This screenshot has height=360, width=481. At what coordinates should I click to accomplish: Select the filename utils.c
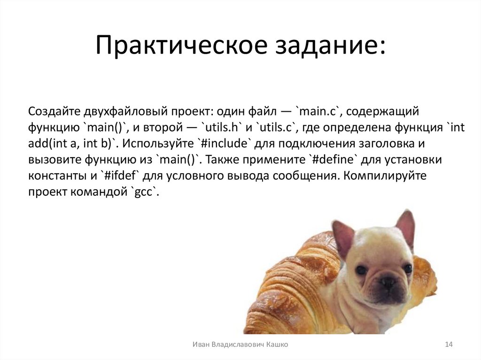click(276, 127)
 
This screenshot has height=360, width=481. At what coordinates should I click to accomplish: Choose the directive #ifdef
click(119, 176)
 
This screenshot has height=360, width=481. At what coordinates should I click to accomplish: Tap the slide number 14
click(448, 345)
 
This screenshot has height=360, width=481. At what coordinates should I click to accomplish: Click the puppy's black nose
click(388, 282)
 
